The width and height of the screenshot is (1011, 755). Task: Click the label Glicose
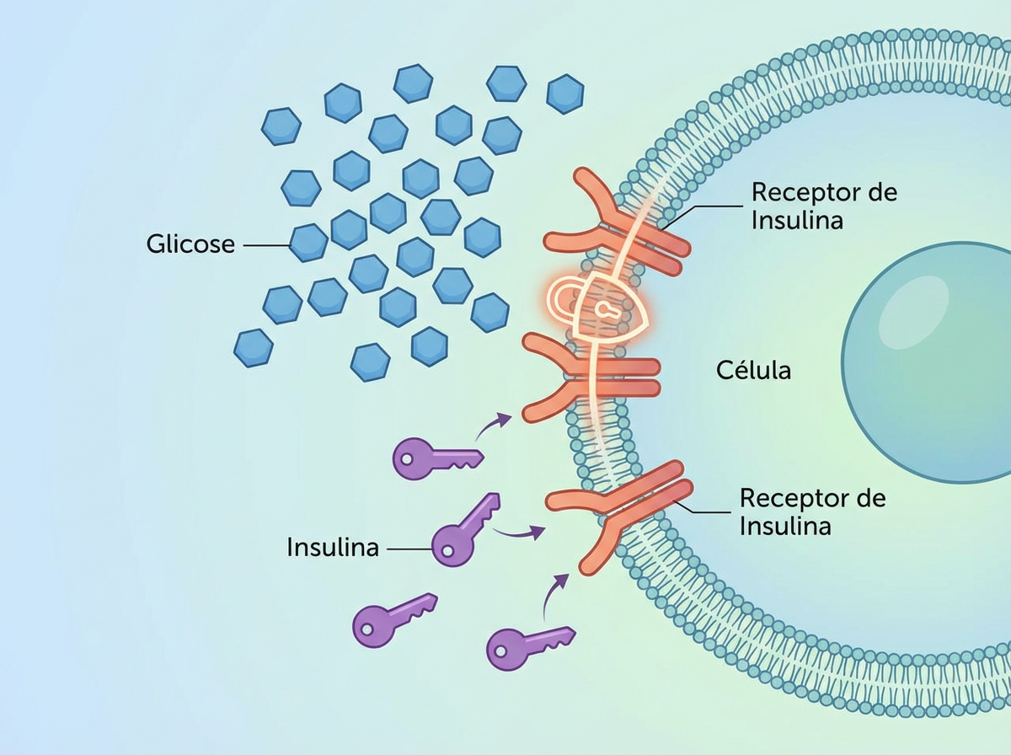(190, 244)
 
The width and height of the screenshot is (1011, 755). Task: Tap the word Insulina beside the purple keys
(333, 547)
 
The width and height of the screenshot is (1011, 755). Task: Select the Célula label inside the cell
(754, 370)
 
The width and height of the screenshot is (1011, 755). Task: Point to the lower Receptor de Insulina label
(812, 511)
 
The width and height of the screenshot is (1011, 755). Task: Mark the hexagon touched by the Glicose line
(308, 243)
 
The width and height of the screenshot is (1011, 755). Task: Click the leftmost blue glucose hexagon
(253, 348)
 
